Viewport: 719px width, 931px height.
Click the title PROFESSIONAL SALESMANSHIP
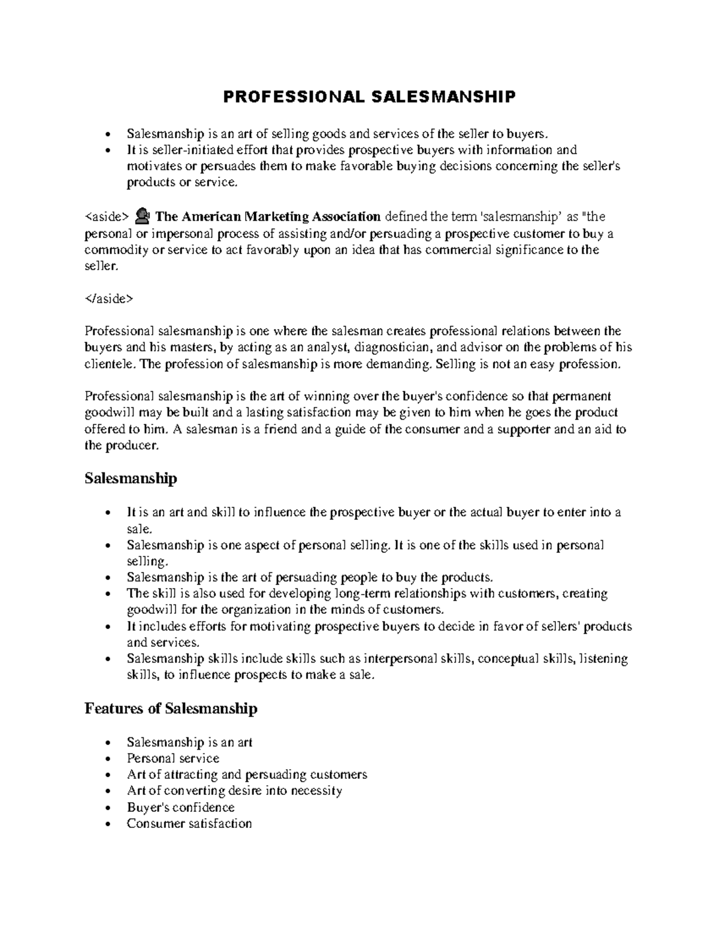[x=369, y=97]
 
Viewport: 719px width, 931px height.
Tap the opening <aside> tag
[x=107, y=216]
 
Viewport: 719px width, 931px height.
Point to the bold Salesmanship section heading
[x=131, y=478]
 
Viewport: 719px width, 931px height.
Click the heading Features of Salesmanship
[x=171, y=709]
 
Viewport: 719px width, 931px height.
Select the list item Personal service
[x=173, y=758]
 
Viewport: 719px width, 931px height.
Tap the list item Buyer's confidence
[x=180, y=807]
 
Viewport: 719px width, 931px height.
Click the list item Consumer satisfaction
[x=189, y=823]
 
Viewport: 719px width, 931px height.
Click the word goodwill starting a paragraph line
[x=107, y=413]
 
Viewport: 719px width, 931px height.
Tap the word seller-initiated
[x=183, y=150]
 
